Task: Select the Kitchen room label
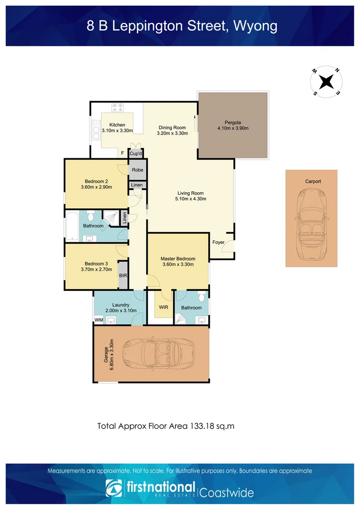(x=117, y=125)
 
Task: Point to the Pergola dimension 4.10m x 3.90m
(x=233, y=128)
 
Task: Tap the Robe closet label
(x=137, y=170)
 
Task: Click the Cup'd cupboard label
(x=136, y=154)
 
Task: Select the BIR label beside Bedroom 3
(x=123, y=275)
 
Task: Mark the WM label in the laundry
(x=99, y=320)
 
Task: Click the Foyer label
(x=218, y=242)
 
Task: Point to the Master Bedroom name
(x=178, y=259)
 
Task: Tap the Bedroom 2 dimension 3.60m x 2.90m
(x=97, y=187)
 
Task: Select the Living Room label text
(x=191, y=193)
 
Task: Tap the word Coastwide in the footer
(x=227, y=493)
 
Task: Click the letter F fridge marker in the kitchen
(x=122, y=153)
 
